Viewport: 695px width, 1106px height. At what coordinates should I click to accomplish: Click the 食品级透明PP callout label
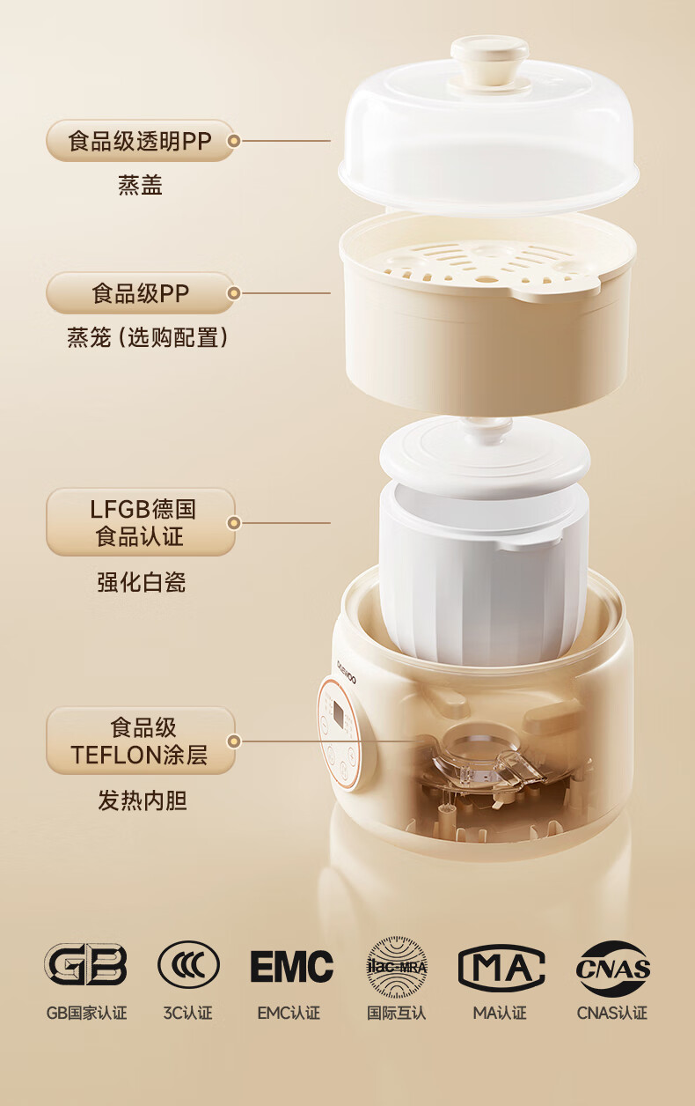pyautogui.click(x=140, y=141)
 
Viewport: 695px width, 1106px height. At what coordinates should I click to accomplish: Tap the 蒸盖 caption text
pyautogui.click(x=140, y=185)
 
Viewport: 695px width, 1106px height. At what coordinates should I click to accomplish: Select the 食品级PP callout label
pyautogui.click(x=140, y=293)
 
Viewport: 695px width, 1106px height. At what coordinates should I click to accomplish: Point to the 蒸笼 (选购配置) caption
pyautogui.click(x=148, y=338)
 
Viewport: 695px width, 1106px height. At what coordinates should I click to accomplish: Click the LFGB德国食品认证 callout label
pyautogui.click(x=140, y=522)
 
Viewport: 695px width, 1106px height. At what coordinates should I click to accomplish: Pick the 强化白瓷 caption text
pyautogui.click(x=141, y=582)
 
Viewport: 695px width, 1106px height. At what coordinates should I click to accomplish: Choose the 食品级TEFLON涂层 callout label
pyautogui.click(x=140, y=741)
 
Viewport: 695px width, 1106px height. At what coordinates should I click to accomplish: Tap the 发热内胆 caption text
pyautogui.click(x=142, y=800)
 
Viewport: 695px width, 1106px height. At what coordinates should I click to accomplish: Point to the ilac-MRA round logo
pyautogui.click(x=397, y=966)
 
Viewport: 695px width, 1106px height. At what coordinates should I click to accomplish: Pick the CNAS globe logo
pyautogui.click(x=612, y=968)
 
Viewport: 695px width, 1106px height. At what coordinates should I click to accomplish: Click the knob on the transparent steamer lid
pyautogui.click(x=490, y=64)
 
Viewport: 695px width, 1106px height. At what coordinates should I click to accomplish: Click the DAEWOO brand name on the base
pyautogui.click(x=346, y=671)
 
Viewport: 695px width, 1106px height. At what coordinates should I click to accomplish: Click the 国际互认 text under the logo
pyautogui.click(x=396, y=1013)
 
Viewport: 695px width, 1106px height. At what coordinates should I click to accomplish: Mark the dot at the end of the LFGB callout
pyautogui.click(x=234, y=522)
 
